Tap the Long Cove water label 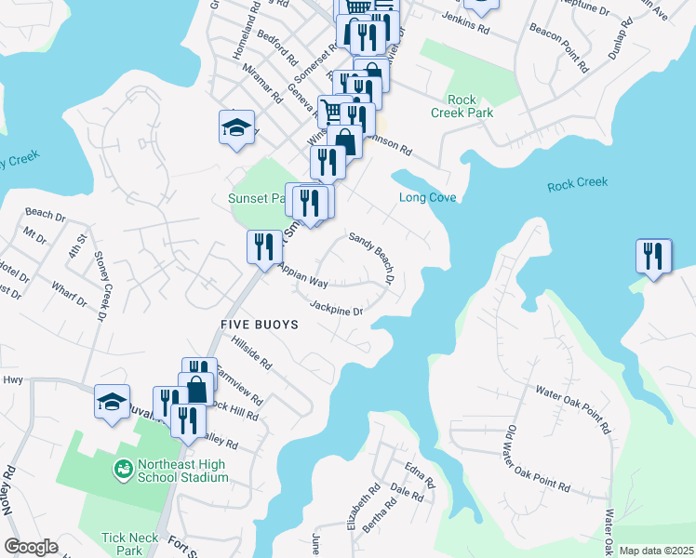424,197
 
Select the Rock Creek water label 577,183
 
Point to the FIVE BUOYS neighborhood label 260,325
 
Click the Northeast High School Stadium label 183,471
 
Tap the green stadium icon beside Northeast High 121,467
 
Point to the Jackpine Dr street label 335,309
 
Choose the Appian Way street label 302,275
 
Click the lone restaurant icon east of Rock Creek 653,256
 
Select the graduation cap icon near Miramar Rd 236,127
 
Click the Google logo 31,547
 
